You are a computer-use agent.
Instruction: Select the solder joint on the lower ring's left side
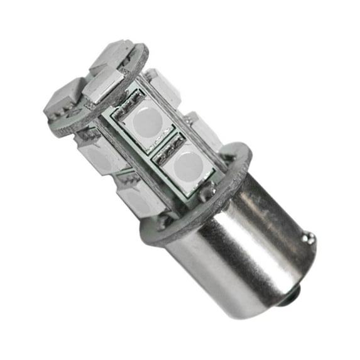(x=165, y=220)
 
